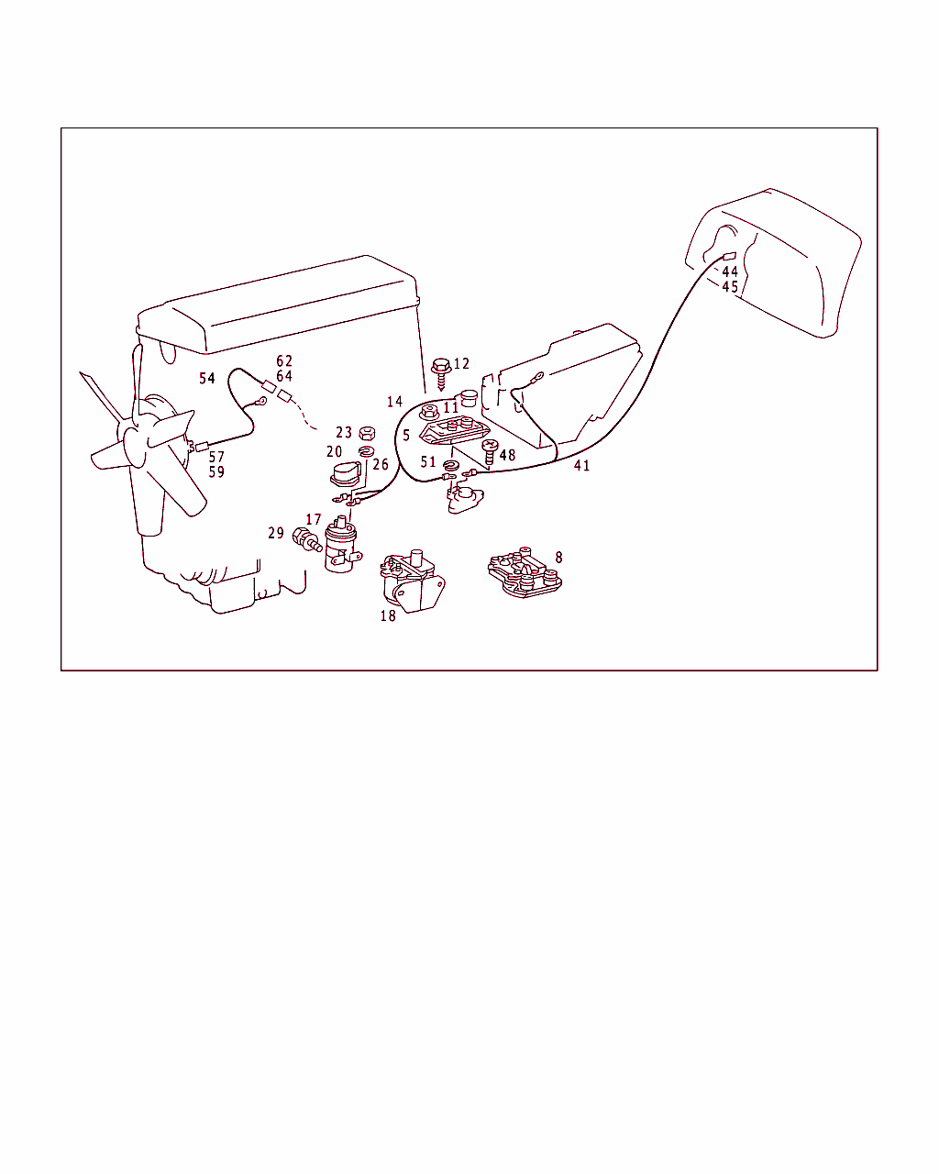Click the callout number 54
tap(207, 378)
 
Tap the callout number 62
tap(284, 360)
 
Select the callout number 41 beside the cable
tap(581, 465)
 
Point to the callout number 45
tap(730, 286)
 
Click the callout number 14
tap(394, 402)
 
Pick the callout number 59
tap(216, 471)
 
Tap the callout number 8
tap(558, 557)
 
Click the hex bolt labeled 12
tap(441, 372)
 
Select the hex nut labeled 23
tap(367, 434)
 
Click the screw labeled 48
tap(490, 451)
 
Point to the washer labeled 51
tap(451, 466)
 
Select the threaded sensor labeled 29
tap(307, 539)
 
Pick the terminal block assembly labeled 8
tap(525, 572)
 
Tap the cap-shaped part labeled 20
tap(346, 473)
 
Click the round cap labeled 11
tap(469, 398)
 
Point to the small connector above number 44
tap(730, 257)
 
